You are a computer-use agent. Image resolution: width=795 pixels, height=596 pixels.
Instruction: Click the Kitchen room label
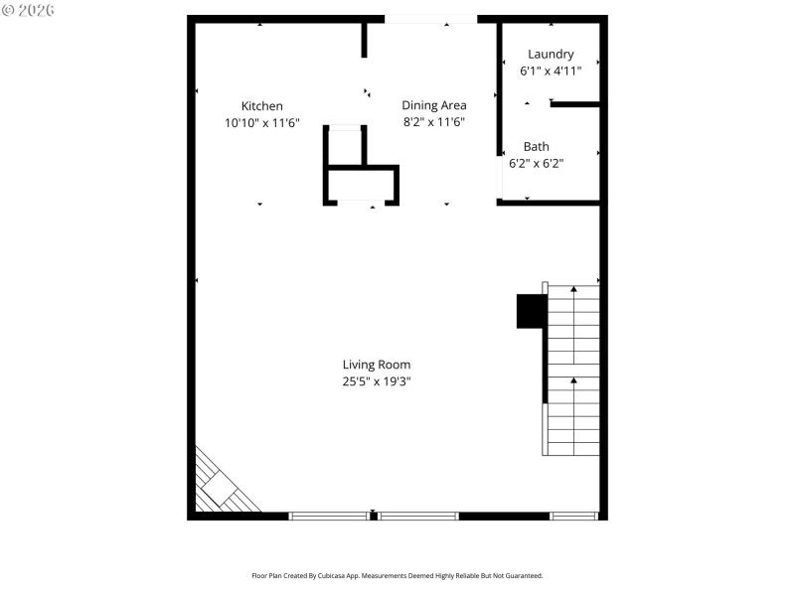[x=262, y=106]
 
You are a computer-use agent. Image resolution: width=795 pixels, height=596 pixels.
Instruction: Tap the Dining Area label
[x=433, y=105]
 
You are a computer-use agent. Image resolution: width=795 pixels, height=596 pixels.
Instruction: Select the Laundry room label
[x=551, y=55]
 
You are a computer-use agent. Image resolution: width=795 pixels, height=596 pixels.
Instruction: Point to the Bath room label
[x=536, y=147]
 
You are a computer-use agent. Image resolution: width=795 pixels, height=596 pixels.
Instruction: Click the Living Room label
[x=377, y=365]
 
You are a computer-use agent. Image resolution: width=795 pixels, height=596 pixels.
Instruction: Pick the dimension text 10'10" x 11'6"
[x=262, y=123]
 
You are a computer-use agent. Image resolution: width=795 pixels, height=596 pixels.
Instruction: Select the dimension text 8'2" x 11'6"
[x=433, y=122]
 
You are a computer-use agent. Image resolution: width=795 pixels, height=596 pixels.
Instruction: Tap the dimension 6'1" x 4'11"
[x=551, y=72]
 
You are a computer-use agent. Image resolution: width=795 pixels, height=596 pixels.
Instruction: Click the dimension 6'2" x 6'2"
[x=536, y=164]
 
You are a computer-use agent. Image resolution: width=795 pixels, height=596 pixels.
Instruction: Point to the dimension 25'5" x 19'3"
[x=377, y=381]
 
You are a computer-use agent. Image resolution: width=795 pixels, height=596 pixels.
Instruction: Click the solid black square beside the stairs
[x=530, y=311]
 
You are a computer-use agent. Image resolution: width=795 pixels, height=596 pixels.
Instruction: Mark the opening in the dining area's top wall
[x=430, y=18]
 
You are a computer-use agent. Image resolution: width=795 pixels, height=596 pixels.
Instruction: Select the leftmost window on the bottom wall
[x=328, y=516]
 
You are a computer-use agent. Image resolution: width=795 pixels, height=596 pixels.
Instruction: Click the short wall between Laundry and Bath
[x=575, y=104]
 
